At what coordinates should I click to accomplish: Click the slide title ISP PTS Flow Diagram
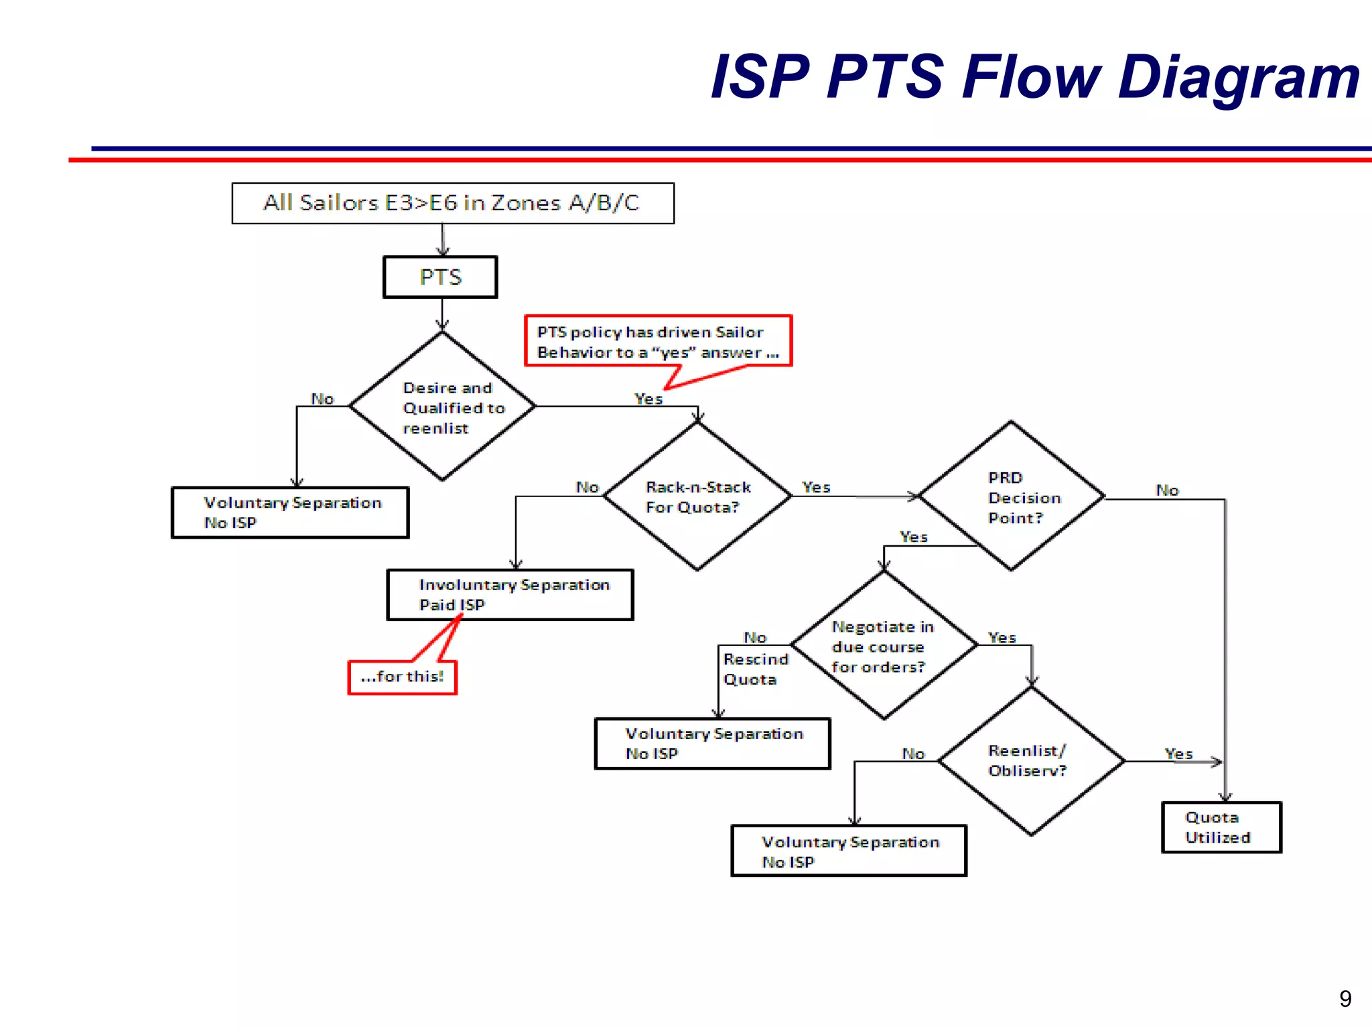coord(1034,77)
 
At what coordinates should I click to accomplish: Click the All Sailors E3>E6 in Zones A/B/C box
coord(453,203)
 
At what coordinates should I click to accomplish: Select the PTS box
coord(440,277)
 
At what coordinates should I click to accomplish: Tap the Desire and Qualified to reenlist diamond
coord(442,407)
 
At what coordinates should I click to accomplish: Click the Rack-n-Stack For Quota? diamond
coord(697,496)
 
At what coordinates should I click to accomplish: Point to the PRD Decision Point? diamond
coord(1012,496)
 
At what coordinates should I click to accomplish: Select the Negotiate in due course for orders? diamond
coord(884,646)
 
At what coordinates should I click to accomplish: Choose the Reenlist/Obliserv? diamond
coord(1031,761)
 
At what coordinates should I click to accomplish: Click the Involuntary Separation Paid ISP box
coord(510,594)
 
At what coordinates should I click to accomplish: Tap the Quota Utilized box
coord(1221,827)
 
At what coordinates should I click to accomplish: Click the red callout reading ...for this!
coord(403,677)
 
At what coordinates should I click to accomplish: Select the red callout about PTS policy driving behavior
coord(658,341)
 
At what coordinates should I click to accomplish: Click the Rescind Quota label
coord(754,669)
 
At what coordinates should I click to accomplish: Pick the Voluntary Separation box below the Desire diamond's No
coord(290,512)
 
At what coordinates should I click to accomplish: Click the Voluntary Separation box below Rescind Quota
coord(712,744)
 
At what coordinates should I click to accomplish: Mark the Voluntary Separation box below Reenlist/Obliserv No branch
coord(849,851)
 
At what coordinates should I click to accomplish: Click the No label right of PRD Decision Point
coord(1167,490)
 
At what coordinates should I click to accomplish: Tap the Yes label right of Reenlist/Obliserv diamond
coord(1178,754)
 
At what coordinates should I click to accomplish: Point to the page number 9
coord(1345,999)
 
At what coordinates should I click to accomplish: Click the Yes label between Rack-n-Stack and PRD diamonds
coord(816,487)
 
